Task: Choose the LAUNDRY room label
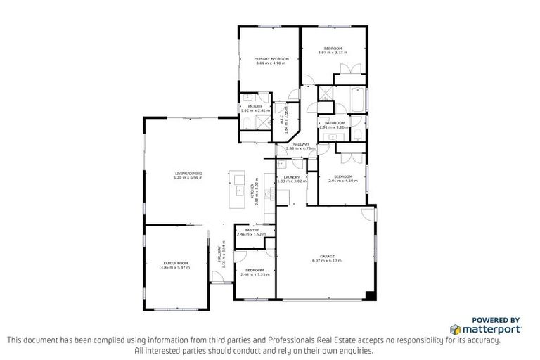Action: click(x=292, y=177)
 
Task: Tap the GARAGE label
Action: click(x=326, y=256)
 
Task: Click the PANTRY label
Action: click(x=252, y=229)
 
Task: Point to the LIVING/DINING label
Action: click(x=188, y=174)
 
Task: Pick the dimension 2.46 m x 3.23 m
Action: click(x=254, y=275)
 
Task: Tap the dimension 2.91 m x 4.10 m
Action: click(x=343, y=181)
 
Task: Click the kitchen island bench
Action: click(x=238, y=188)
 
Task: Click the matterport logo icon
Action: click(x=456, y=328)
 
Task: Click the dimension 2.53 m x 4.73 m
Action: click(x=302, y=148)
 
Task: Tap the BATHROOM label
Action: click(x=335, y=123)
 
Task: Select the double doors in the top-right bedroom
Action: click(x=349, y=69)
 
